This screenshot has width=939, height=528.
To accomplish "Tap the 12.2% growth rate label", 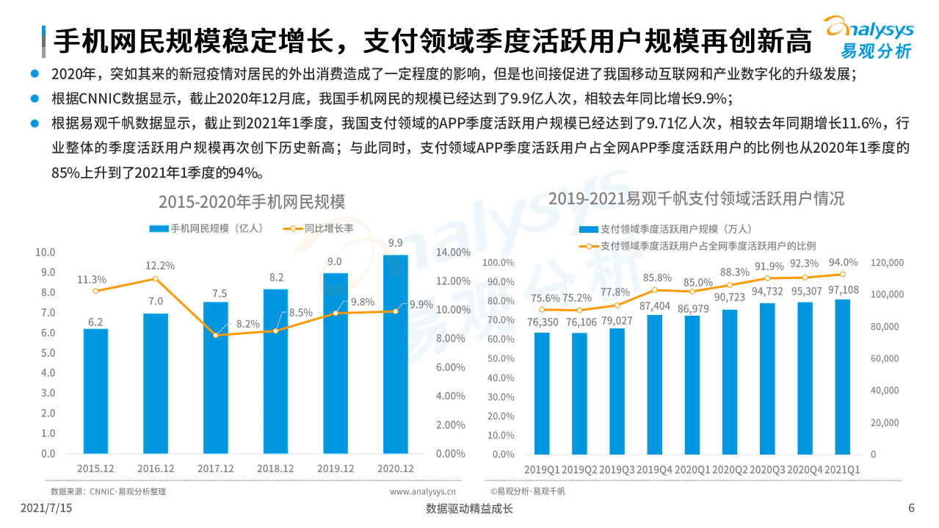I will tap(159, 265).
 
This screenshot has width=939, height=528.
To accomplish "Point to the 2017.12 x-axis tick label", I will tap(215, 469).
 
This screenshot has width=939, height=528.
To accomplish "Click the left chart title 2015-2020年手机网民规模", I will tap(252, 201).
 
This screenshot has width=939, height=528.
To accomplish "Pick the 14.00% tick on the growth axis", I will tap(453, 253).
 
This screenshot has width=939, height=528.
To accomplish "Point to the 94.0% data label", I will tap(843, 262).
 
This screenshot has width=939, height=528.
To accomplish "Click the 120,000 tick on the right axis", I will tap(887, 263).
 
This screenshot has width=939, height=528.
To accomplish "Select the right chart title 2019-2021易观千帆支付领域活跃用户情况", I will tap(696, 198).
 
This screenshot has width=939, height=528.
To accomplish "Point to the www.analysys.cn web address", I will tap(422, 491).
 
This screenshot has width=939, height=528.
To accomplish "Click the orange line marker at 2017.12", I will tap(216, 335).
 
